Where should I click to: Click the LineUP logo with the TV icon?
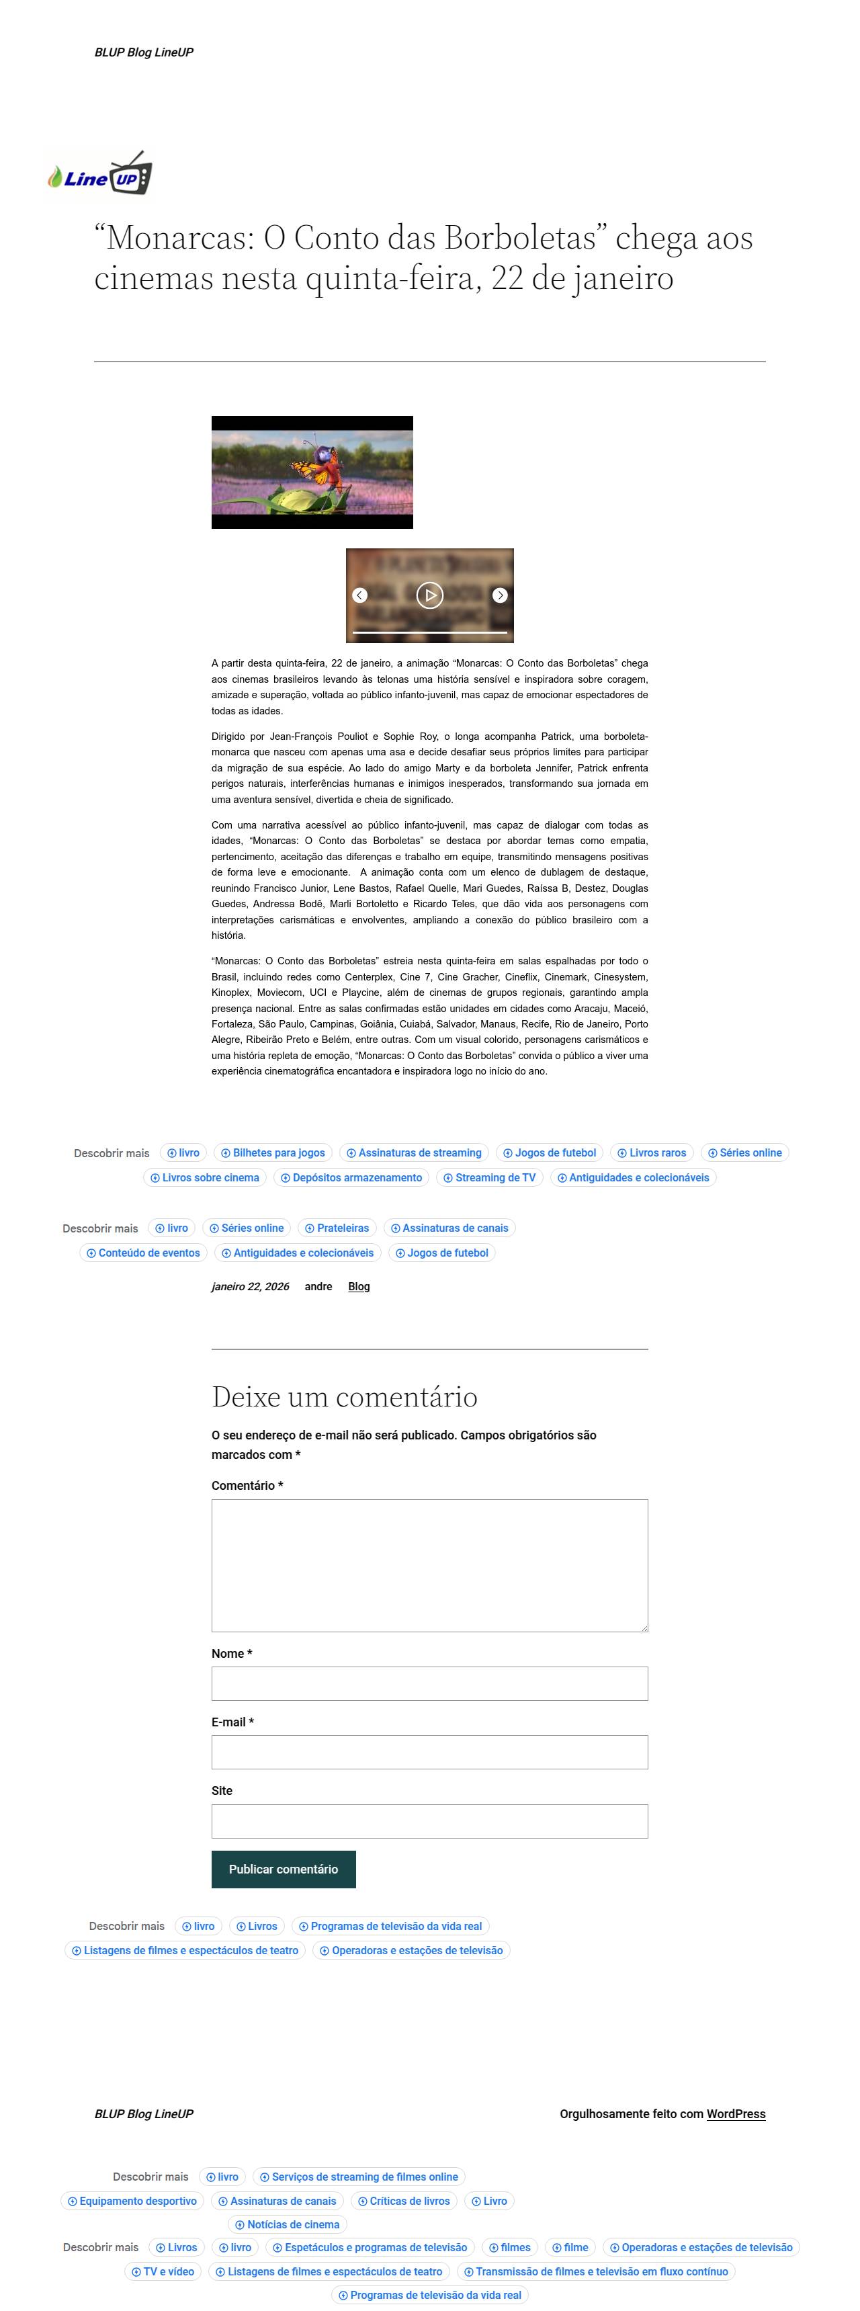coord(99,174)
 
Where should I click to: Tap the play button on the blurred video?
coord(429,595)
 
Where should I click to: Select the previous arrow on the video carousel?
coord(359,595)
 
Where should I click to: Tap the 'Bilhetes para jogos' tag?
coord(273,1152)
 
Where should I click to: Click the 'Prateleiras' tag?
coord(337,1228)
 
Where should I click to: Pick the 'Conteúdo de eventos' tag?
coord(144,1253)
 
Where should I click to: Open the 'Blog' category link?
coord(359,1286)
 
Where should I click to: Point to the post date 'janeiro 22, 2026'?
coord(250,1286)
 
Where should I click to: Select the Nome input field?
coord(429,1684)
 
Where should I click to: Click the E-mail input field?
coord(429,1752)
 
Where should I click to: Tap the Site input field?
coord(429,1821)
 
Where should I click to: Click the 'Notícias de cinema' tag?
coord(287,2225)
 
